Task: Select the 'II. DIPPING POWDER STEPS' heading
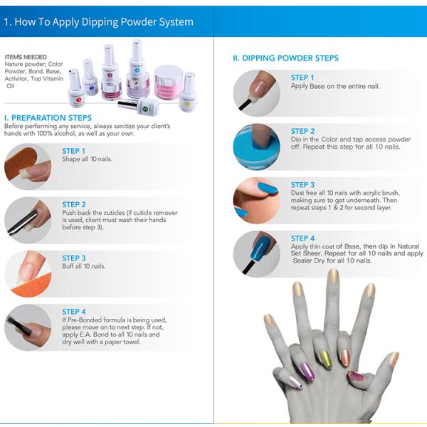coord(285,58)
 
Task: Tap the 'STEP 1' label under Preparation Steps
coord(74,151)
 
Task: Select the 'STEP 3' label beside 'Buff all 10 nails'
coord(74,258)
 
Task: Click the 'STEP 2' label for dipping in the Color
coord(302,131)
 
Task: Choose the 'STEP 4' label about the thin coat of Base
coord(302,238)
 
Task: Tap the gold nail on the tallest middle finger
coord(332,275)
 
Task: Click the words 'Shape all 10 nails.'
coord(87,159)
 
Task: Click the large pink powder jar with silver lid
coord(169,81)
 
